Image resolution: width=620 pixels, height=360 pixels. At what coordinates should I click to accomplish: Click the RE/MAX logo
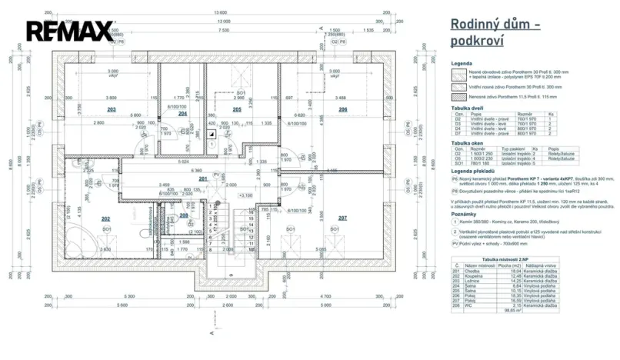[71, 32]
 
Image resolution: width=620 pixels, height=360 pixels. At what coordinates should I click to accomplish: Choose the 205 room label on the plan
[237, 110]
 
